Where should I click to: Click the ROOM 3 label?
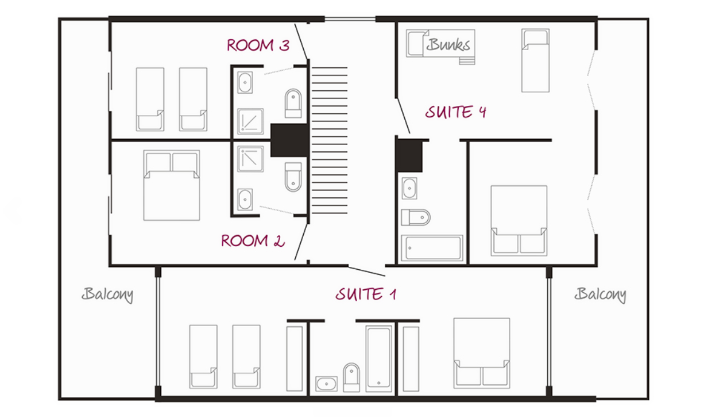point(258,45)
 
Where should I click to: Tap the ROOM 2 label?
point(253,241)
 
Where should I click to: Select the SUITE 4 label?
point(456,112)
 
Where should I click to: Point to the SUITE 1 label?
point(366,294)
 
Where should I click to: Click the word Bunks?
point(448,44)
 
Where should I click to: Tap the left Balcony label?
point(107,294)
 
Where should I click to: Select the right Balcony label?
point(600,294)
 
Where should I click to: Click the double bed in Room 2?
point(172,185)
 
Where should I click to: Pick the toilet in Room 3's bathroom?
point(293,103)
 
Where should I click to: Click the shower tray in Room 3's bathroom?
point(250,121)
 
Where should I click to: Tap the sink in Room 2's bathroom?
point(245,199)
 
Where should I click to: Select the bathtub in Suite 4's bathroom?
point(432,248)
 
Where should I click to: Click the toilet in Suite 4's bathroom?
point(416,217)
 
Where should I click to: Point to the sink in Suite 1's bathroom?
point(326,384)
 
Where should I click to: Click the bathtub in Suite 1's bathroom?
point(379,359)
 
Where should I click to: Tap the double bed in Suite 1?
point(482,353)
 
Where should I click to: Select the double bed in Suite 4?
point(519,221)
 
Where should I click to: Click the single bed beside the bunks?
point(536,60)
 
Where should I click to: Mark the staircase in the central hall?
point(330,140)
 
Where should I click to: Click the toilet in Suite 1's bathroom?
point(351,377)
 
